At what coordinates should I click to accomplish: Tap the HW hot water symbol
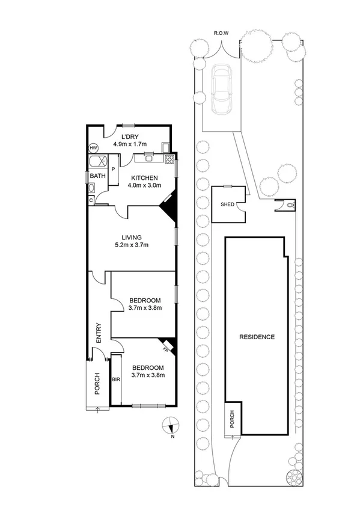click(94, 147)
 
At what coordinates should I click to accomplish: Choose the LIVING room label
click(130, 237)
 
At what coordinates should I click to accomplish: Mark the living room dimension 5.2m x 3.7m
click(130, 245)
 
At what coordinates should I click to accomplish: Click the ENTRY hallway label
click(99, 334)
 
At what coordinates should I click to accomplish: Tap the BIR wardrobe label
click(116, 380)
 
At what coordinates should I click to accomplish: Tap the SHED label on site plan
click(227, 204)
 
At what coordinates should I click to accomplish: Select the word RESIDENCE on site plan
click(256, 337)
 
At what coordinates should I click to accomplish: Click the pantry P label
click(112, 160)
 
